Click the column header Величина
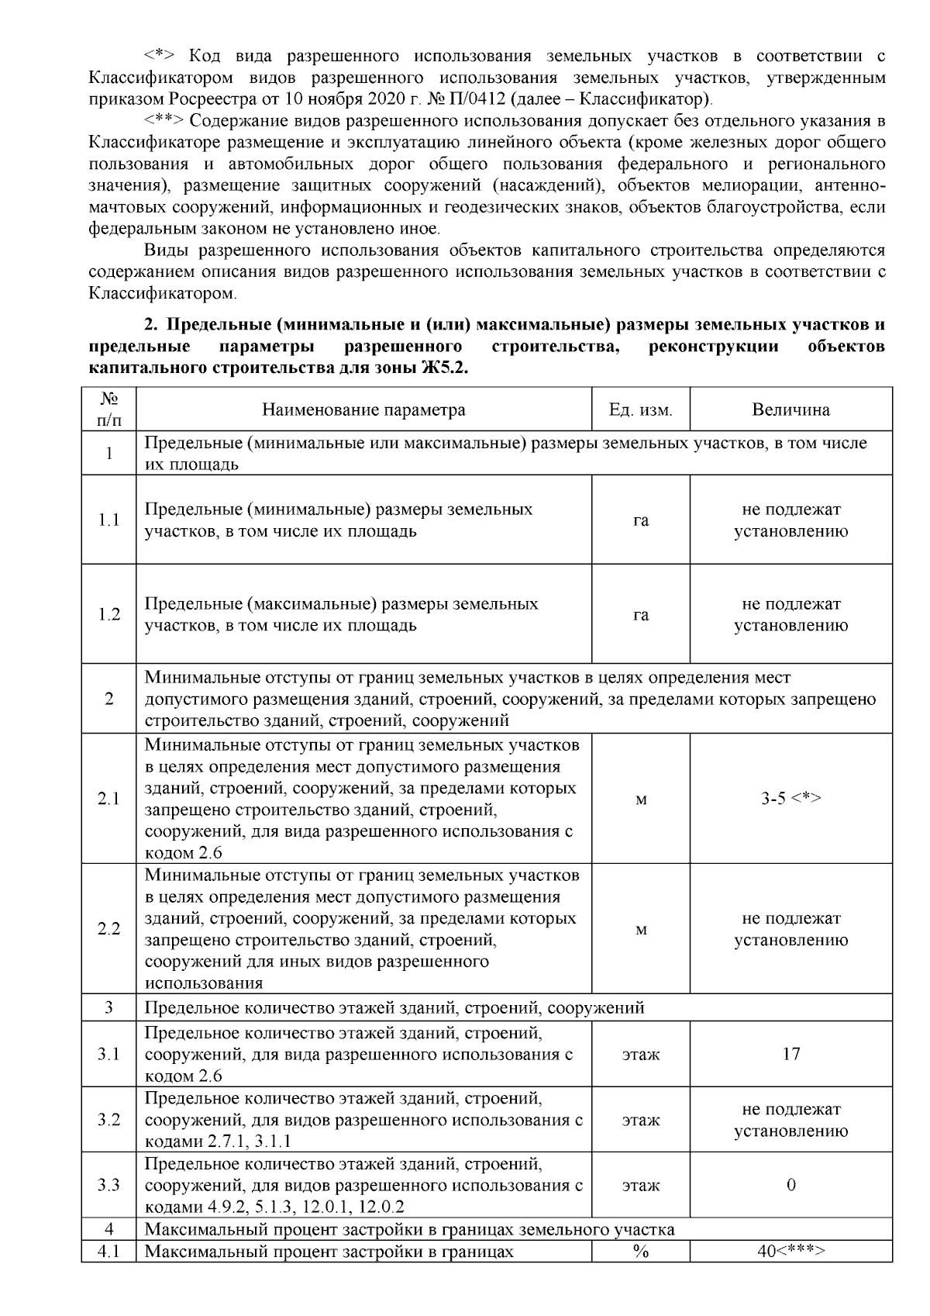click(x=790, y=409)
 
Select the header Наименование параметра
click(x=363, y=409)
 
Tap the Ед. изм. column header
click(x=640, y=409)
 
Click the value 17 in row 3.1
click(x=790, y=1054)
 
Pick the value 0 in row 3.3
click(x=790, y=1185)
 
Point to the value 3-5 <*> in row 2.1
click(x=790, y=799)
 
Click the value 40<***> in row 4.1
click(x=790, y=1251)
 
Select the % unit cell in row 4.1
click(x=640, y=1251)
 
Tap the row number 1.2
click(x=108, y=614)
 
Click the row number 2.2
click(x=108, y=929)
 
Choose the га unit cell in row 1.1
click(x=640, y=520)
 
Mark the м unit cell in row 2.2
click(x=640, y=929)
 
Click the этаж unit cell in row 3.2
click(x=640, y=1120)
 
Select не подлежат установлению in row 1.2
click(x=790, y=614)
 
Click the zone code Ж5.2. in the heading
click(x=443, y=368)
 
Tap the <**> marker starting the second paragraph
click(x=164, y=121)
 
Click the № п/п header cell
click(x=108, y=409)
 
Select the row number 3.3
click(x=108, y=1185)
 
